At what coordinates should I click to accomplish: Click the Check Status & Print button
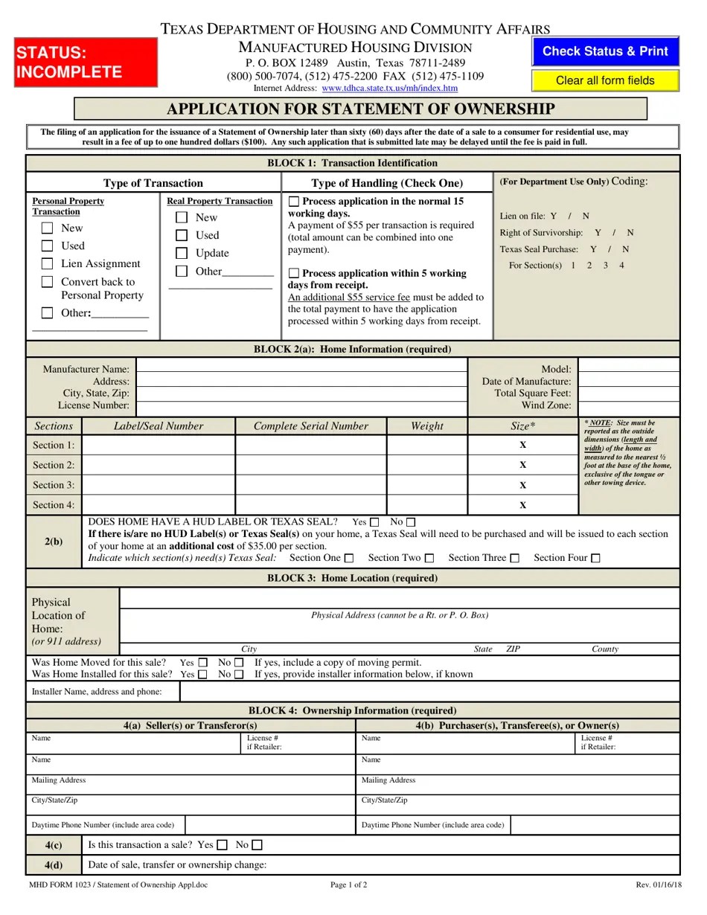pyautogui.click(x=605, y=51)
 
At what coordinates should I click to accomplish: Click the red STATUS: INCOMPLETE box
pyautogui.click(x=86, y=62)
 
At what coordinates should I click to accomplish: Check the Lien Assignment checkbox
pyautogui.click(x=48, y=264)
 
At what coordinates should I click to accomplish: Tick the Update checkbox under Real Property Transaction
pyautogui.click(x=182, y=254)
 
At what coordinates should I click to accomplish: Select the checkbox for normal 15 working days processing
pyautogui.click(x=294, y=202)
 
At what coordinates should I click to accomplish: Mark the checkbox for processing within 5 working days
pyautogui.click(x=294, y=274)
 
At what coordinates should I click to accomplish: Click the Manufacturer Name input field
pyautogui.click(x=301, y=369)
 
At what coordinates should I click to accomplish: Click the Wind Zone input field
pyautogui.click(x=628, y=406)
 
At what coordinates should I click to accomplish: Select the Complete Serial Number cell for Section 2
pyautogui.click(x=310, y=465)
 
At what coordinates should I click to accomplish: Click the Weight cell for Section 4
pyautogui.click(x=426, y=505)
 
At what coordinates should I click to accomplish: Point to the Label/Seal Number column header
pyautogui.click(x=158, y=426)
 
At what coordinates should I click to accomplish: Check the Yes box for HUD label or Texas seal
pyautogui.click(x=374, y=522)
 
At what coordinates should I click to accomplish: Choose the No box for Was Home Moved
pyautogui.click(x=239, y=663)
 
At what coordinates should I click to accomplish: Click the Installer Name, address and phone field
pyautogui.click(x=429, y=692)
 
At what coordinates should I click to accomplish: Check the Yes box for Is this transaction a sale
pyautogui.click(x=222, y=845)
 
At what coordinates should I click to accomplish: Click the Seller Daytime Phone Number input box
pyautogui.click(x=269, y=825)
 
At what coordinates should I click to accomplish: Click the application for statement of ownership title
pyautogui.click(x=360, y=109)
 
